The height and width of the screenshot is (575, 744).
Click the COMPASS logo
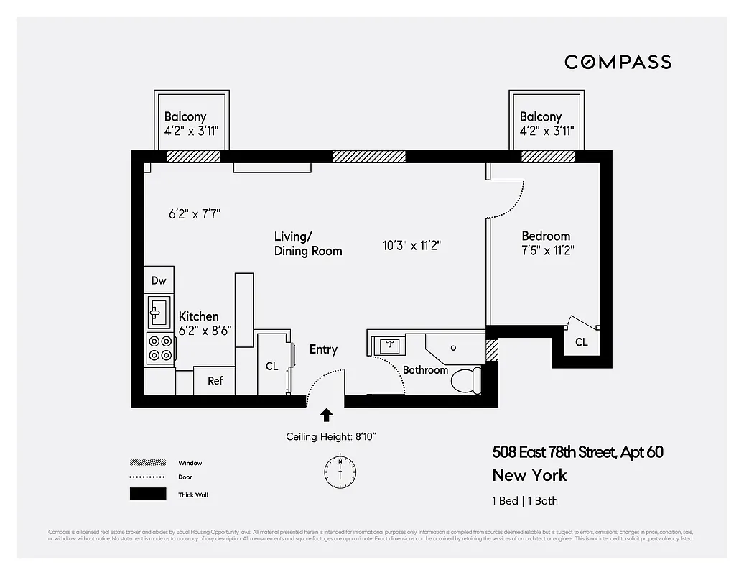tap(618, 62)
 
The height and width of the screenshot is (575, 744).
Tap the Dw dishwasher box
tap(159, 280)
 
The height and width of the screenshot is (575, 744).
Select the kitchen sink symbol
tap(159, 311)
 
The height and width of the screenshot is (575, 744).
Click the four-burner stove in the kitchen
tap(159, 348)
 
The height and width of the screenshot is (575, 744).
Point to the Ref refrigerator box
tap(215, 381)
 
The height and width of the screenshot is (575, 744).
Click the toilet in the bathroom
tap(466, 380)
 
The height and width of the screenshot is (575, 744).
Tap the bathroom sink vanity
tap(389, 345)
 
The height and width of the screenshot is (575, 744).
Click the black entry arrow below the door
tap(326, 415)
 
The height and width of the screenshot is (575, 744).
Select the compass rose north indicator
tap(340, 471)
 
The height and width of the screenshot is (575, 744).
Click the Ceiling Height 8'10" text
tap(331, 436)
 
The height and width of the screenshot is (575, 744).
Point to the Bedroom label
tap(546, 236)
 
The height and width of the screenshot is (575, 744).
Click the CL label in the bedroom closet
tap(581, 342)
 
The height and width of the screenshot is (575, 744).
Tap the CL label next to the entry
tap(271, 366)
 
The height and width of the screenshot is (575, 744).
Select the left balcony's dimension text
tap(192, 132)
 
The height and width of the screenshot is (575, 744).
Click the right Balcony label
tap(541, 116)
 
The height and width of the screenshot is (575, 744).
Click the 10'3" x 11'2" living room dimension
tap(411, 245)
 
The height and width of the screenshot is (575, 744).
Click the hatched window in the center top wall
tap(368, 157)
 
